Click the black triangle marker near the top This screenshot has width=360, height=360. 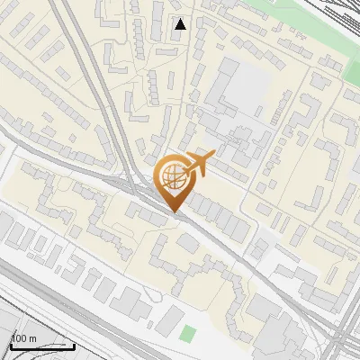click(181, 23)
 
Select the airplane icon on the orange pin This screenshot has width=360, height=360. click(198, 163)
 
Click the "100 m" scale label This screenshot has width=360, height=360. click(24, 338)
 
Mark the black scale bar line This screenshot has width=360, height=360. click(41, 346)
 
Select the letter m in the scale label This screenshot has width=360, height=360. click(33, 338)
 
